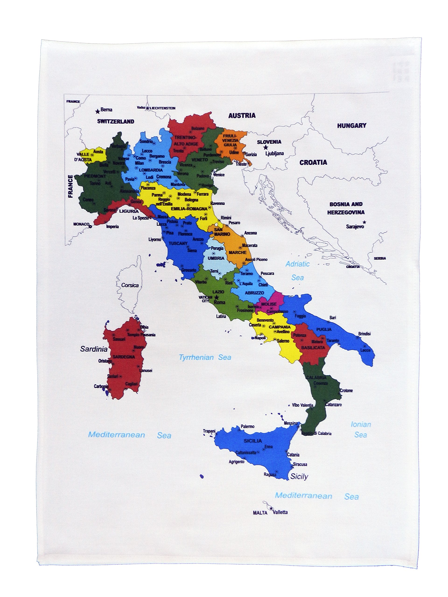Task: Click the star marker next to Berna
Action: [97, 111]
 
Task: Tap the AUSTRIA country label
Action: [242, 115]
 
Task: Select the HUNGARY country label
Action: [351, 125]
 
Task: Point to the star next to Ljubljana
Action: [266, 147]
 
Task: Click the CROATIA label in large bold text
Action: [313, 162]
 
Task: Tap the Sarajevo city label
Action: [355, 226]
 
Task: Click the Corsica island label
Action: [130, 285]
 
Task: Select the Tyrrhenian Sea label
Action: [205, 357]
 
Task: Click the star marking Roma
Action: [216, 297]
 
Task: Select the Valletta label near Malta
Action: [280, 512]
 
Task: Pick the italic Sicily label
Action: [299, 477]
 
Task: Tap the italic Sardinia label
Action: [94, 349]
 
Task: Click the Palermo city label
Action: [247, 427]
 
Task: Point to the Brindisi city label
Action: [364, 333]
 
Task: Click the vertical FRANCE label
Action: [70, 186]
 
